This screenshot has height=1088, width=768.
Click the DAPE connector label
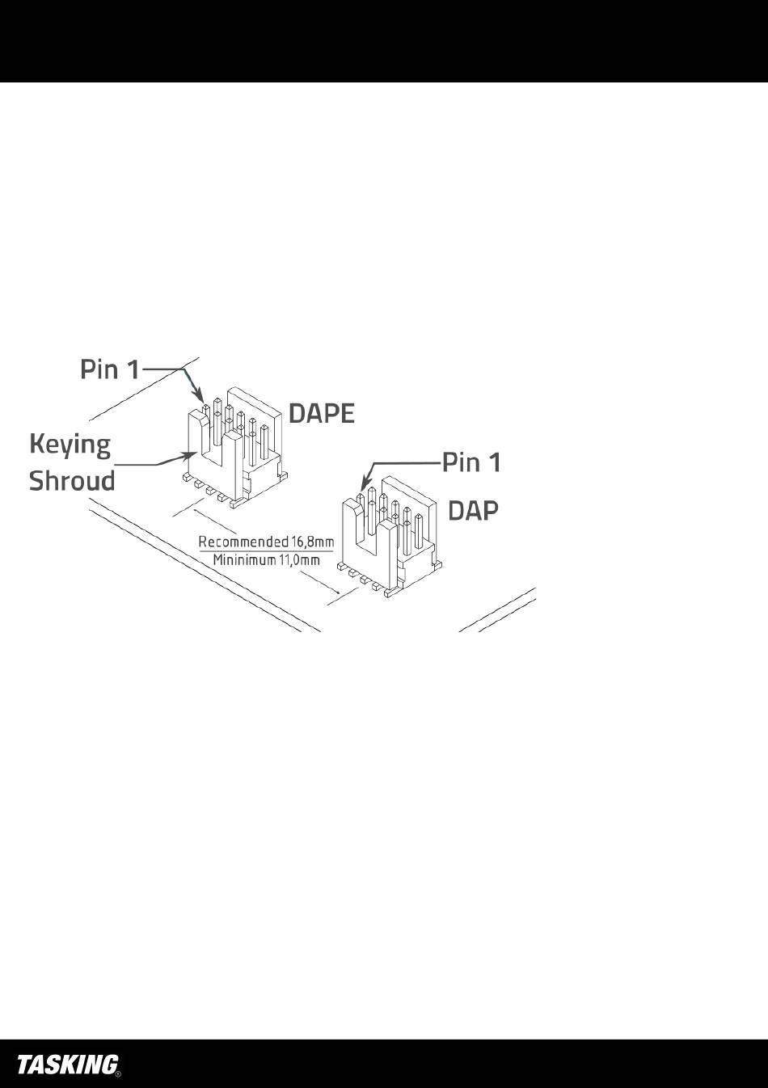322,413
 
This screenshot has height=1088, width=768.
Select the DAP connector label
473,510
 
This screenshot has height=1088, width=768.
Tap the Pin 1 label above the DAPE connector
110,369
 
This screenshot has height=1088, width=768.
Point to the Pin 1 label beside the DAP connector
471,462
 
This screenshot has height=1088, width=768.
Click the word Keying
70,445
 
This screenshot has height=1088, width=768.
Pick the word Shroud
72,481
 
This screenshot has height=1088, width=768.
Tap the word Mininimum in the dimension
243,559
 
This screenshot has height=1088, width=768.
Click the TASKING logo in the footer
68,1065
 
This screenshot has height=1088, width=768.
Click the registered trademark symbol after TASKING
118,1074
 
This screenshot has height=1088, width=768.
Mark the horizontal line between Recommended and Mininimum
266,550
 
